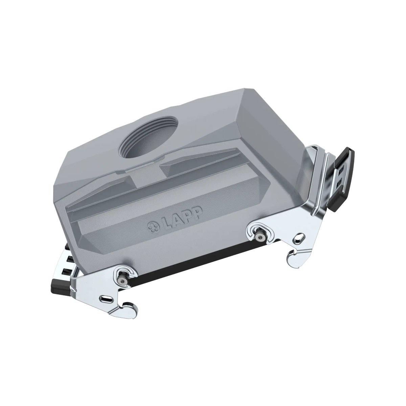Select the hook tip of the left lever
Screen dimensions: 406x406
(x=129, y=307)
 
